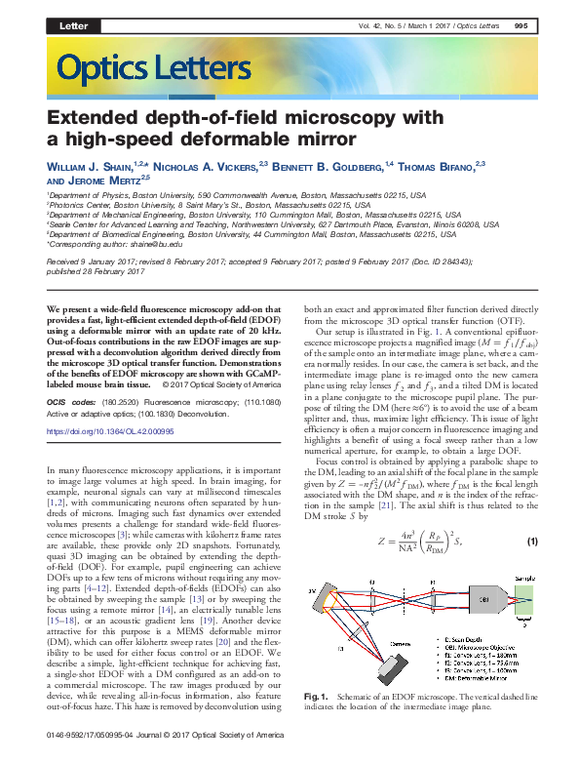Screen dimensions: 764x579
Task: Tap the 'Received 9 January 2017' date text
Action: click(89, 263)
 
